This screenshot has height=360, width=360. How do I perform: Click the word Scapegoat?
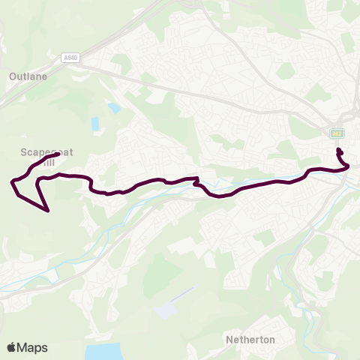tap(43, 151)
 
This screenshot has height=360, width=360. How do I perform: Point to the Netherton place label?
tap(250, 340)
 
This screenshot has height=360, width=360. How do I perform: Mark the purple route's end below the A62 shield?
tap(338, 151)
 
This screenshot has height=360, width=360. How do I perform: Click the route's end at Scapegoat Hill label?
tap(58, 154)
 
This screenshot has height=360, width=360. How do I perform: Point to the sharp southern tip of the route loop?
tap(49, 211)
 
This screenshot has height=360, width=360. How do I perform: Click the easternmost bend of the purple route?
tap(349, 167)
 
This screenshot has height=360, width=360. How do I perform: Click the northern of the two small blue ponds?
tap(113, 107)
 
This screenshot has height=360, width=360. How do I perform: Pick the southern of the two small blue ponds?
tap(95, 123)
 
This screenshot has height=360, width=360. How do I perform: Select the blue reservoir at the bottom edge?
tap(103, 352)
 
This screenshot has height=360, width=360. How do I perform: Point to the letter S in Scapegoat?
tap(24, 151)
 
